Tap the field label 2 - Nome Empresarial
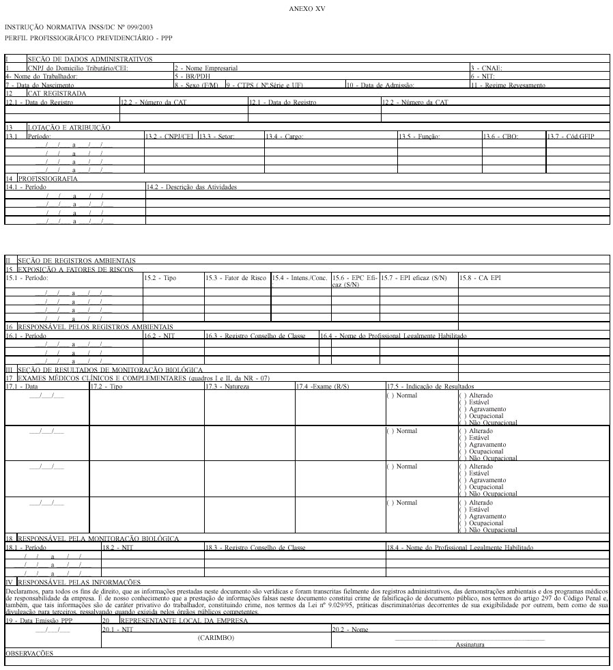pos(206,68)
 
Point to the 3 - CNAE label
pos(486,68)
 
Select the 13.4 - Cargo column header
pos(285,137)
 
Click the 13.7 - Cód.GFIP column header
pos(571,137)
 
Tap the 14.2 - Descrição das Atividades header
pos(192,186)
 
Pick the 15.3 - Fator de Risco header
pos(236,278)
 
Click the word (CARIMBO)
pos(216,637)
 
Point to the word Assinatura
pos(470,644)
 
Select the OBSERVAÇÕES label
pos(29,654)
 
